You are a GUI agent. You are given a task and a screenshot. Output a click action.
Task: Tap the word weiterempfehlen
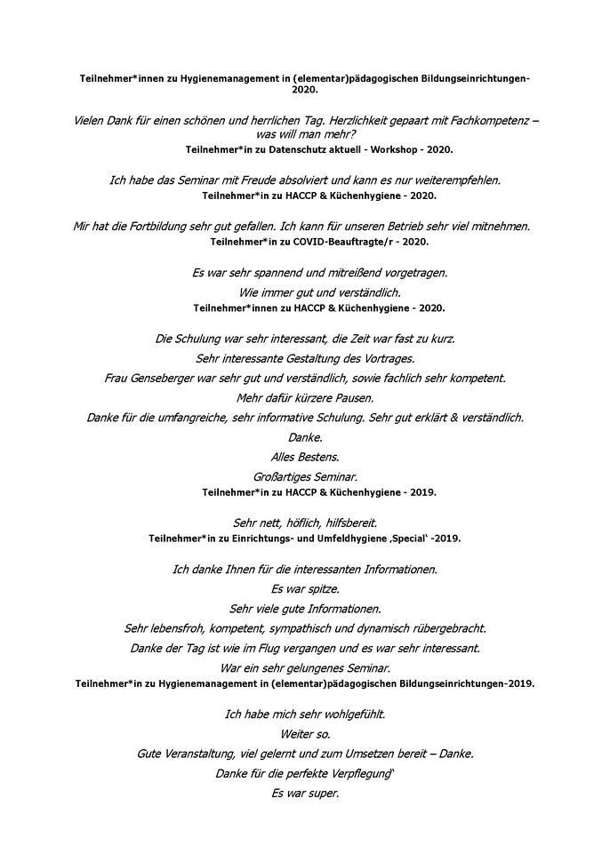point(451,180)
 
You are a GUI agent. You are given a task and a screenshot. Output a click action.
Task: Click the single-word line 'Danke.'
point(305,437)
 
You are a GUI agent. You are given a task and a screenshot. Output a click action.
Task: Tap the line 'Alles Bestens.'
point(305,457)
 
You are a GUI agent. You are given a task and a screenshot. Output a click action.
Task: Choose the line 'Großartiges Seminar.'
point(305,477)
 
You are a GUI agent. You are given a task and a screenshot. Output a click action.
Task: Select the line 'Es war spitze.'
point(305,588)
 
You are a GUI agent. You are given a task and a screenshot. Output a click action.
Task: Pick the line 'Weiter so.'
point(305,734)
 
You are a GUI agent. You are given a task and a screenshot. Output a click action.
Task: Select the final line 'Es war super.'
point(305,794)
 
